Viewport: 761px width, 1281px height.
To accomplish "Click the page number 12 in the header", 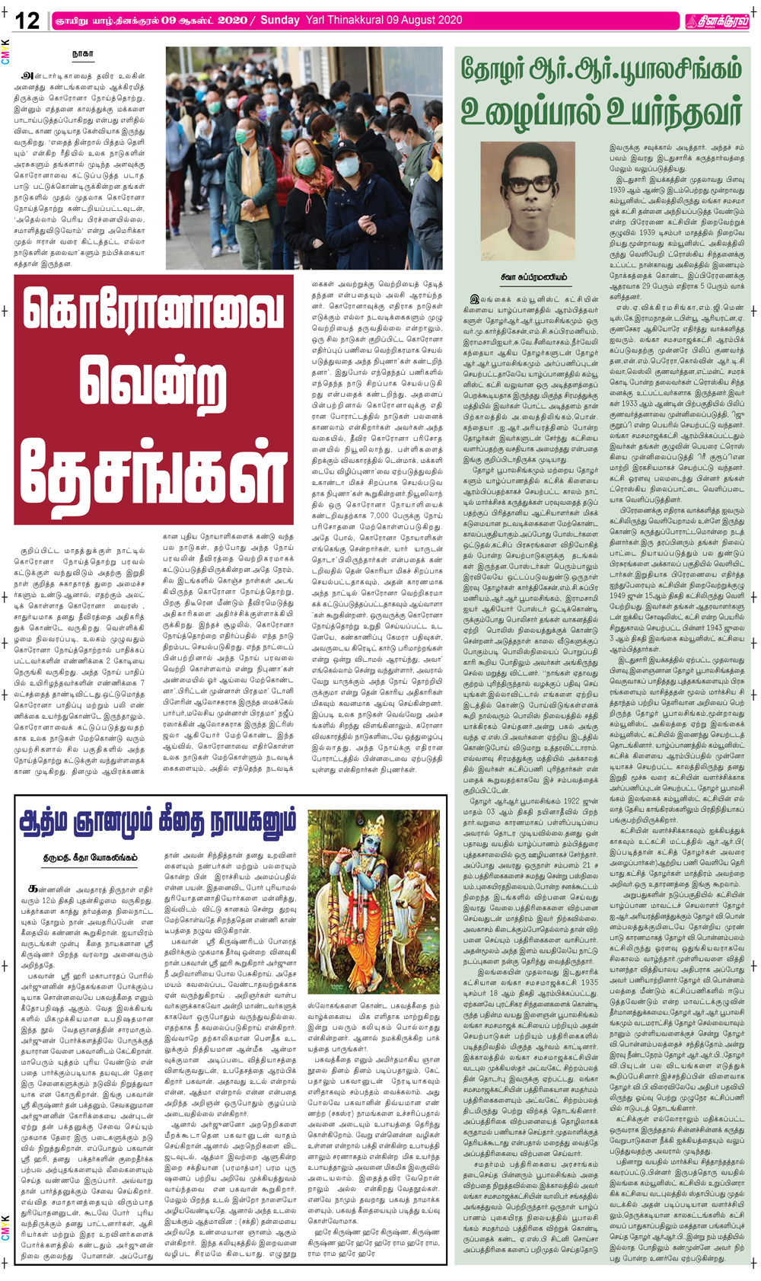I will coord(27,21).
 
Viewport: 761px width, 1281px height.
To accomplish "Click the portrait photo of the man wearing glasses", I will coord(538,201).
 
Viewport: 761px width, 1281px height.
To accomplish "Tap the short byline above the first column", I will coord(82,55).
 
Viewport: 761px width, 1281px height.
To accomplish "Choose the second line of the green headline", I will coord(600,112).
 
